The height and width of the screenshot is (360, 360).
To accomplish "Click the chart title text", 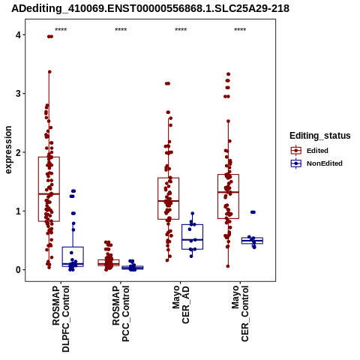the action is (x=150, y=8).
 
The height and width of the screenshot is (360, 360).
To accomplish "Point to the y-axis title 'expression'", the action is (x=8, y=150).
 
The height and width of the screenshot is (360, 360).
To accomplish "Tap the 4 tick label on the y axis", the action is (x=18, y=35).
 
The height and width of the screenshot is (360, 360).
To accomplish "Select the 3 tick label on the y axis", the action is (x=18, y=94).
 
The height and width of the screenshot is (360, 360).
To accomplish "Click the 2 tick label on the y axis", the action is (x=18, y=152).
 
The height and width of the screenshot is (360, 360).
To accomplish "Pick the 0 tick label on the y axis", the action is (x=18, y=270).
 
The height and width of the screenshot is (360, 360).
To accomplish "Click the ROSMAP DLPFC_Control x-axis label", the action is (x=61, y=319).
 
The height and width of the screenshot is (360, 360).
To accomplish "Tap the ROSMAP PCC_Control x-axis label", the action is (x=121, y=313).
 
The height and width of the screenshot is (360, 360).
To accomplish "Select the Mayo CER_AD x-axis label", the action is (x=181, y=305).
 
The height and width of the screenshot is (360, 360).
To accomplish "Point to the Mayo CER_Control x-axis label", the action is (x=240, y=313).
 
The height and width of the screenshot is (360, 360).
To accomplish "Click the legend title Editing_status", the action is (x=320, y=136).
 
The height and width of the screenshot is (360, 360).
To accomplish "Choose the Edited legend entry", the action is (x=309, y=151).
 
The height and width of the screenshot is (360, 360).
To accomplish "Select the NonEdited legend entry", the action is (x=316, y=163).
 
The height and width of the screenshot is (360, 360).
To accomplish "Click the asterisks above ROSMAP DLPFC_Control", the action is (x=61, y=30).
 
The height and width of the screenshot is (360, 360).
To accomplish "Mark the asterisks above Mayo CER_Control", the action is (x=240, y=30).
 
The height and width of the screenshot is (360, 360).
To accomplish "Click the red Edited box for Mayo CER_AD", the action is (x=158, y=199).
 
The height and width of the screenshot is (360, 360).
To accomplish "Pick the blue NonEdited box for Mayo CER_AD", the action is (x=182, y=237).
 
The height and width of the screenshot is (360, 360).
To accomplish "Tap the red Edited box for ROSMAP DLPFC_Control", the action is (x=38, y=189).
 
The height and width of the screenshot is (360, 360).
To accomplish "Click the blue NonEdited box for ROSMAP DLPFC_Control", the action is (x=62, y=256).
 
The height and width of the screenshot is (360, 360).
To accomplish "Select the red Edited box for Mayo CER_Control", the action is (x=217, y=196).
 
